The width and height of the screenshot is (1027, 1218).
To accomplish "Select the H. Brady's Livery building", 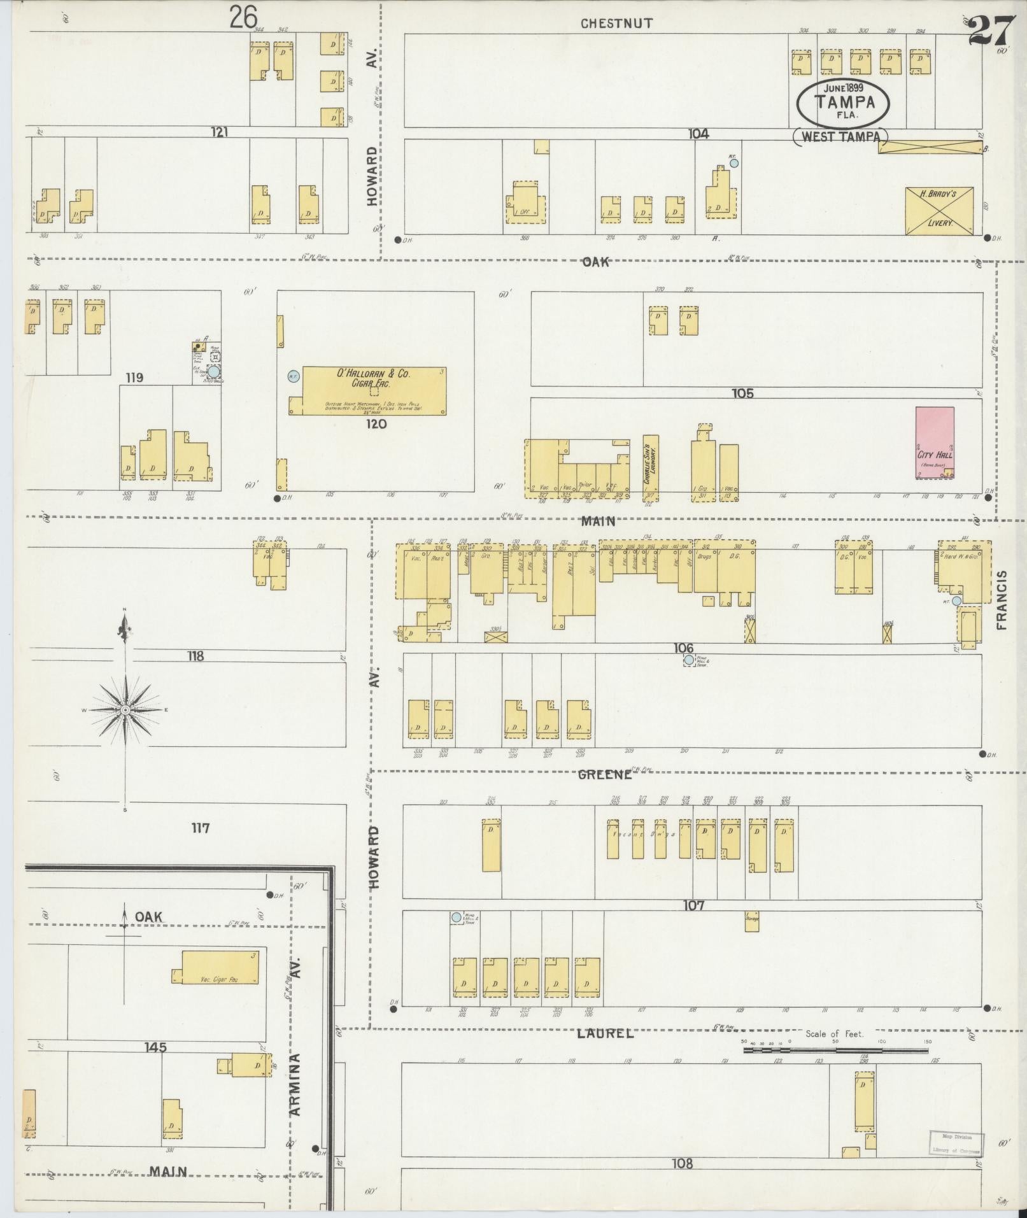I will click(939, 210).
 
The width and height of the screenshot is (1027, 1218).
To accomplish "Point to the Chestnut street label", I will click(616, 24).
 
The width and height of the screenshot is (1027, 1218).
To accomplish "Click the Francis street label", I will click(1002, 600).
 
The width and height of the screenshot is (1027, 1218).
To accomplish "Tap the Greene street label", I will click(605, 775).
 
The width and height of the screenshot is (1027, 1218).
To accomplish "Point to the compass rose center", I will click(125, 709).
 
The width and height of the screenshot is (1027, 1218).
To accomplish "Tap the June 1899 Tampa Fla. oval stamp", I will click(844, 101).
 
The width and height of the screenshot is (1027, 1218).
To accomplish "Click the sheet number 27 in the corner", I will click(991, 30).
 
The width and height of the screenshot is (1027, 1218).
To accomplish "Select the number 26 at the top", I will click(243, 17).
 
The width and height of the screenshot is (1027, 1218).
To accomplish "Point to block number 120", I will click(376, 423).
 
